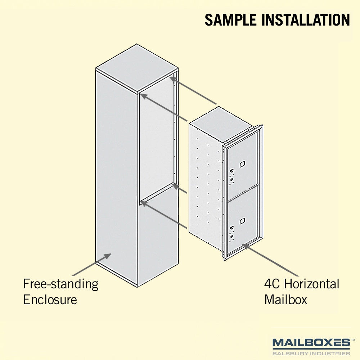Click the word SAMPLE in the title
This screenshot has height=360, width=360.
(230, 20)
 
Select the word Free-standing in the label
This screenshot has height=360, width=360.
(61, 284)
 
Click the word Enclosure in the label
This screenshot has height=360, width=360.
(50, 300)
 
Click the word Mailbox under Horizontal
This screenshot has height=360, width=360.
(285, 300)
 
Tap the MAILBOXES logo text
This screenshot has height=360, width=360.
(311, 343)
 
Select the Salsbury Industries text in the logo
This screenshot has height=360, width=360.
(311, 354)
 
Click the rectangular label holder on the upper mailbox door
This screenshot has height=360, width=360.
(242, 164)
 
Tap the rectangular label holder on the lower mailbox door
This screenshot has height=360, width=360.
(242, 221)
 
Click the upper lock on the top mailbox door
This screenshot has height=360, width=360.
(232, 171)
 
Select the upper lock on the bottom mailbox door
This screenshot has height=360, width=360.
(232, 228)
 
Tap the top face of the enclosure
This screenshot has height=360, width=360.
(137, 68)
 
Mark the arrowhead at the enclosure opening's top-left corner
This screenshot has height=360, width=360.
(144, 96)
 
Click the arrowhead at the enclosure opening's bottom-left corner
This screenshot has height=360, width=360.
(144, 204)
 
